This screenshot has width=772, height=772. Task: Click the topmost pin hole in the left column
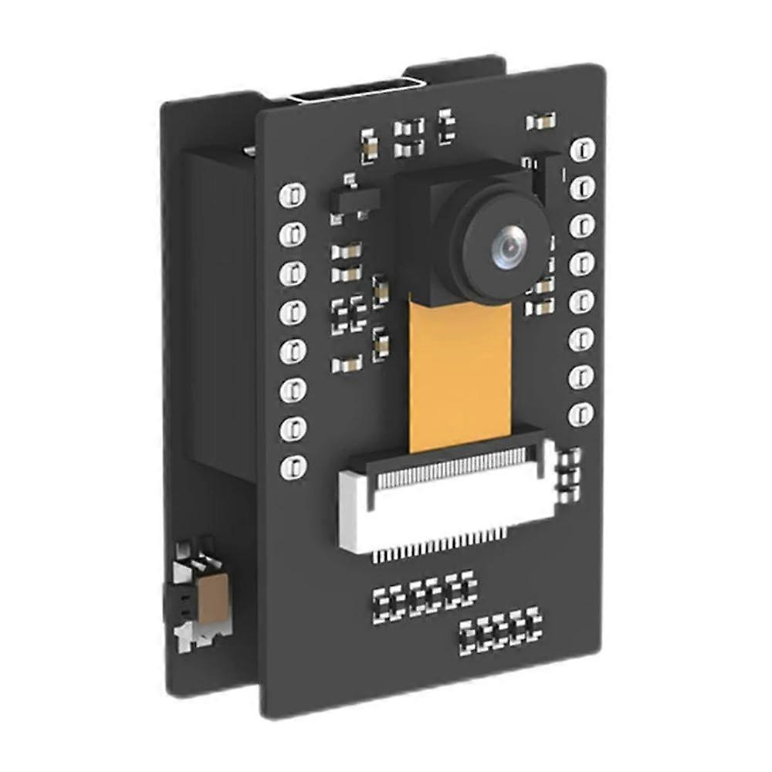point(293,195)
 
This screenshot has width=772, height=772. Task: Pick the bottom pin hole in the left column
point(293,466)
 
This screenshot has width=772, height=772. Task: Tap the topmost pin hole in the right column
point(582,147)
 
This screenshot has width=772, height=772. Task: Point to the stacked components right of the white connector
point(571,472)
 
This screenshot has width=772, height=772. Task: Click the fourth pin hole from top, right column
point(581,263)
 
